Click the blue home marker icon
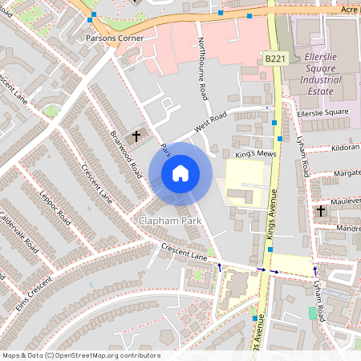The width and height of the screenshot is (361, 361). pos(180,172)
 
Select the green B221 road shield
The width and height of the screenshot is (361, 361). pos(274,59)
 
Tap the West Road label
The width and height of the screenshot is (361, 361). pos(211,127)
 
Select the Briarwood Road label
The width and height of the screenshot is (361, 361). pos(126,153)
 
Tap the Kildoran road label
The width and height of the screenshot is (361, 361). pos(344,148)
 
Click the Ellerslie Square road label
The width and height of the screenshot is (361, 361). pos(322,112)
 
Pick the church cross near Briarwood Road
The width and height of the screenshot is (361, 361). pos(136,136)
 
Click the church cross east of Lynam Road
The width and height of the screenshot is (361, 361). pos(321,211)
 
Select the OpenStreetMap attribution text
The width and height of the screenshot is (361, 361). pos(80,355)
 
